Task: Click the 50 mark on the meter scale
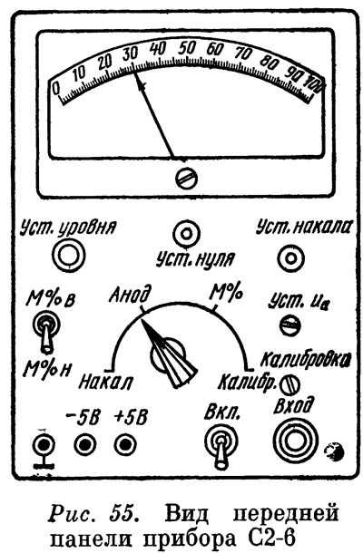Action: (x=186, y=48)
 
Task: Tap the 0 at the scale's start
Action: (x=56, y=88)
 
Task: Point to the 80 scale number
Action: (x=269, y=62)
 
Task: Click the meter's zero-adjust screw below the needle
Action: (x=186, y=178)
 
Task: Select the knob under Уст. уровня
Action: (x=68, y=255)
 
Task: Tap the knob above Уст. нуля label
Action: (x=186, y=234)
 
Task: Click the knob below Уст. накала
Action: (x=290, y=258)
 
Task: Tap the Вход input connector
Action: (x=296, y=441)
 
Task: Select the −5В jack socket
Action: (x=85, y=445)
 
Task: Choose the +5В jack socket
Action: (x=125, y=445)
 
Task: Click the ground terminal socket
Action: (x=44, y=445)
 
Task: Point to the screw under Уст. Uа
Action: (x=289, y=325)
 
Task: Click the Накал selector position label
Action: (x=105, y=382)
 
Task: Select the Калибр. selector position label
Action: (x=247, y=382)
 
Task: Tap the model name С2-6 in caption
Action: (x=267, y=538)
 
